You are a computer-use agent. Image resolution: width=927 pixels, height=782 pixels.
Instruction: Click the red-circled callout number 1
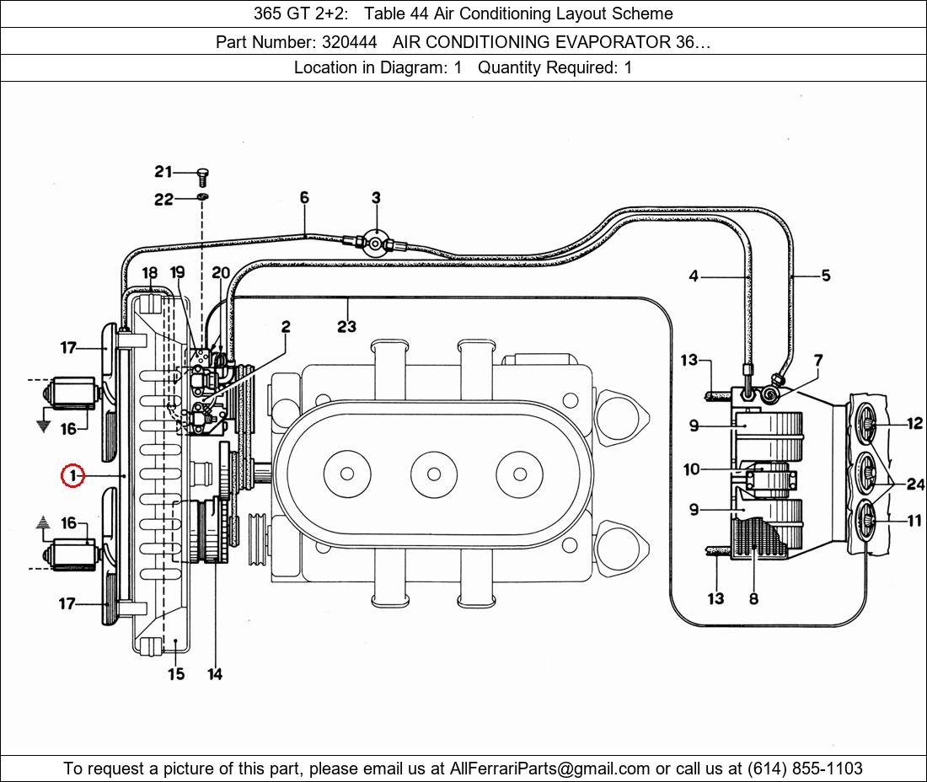click(73, 475)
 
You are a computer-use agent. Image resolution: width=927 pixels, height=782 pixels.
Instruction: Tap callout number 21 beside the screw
click(163, 171)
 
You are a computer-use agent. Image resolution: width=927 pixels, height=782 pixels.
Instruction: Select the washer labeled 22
click(203, 197)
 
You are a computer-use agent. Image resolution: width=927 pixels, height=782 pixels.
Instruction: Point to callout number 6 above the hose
click(304, 197)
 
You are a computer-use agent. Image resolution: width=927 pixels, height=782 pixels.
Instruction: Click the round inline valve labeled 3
click(375, 243)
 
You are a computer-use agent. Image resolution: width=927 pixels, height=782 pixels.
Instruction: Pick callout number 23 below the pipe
click(347, 326)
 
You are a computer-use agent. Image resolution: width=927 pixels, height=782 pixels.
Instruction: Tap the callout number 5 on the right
click(826, 276)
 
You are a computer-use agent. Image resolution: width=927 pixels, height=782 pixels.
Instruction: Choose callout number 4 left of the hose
click(694, 276)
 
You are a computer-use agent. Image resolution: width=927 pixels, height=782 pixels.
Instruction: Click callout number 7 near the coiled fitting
click(818, 360)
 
